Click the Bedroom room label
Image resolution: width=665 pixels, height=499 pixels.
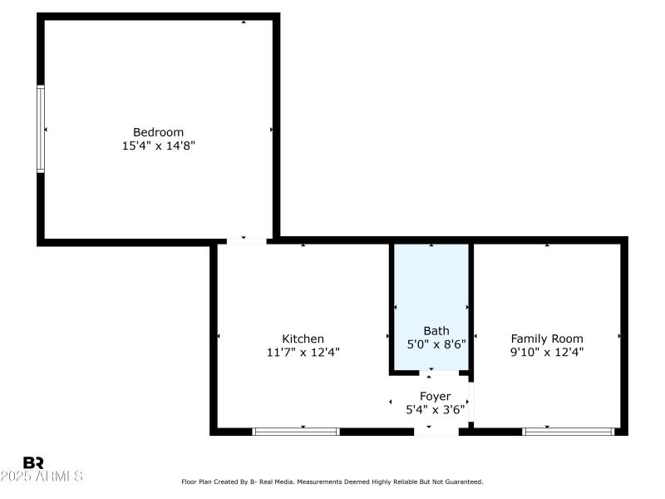point(158,132)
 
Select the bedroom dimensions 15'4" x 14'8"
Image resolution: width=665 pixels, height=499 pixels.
point(158,146)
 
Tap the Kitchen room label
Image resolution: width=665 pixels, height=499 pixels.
point(303,338)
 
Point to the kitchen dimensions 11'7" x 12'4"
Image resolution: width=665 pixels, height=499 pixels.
point(303,352)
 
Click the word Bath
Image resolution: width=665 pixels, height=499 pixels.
point(436,330)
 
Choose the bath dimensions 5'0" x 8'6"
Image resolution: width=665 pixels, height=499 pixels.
point(436,343)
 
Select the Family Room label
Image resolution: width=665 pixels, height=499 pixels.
point(546,338)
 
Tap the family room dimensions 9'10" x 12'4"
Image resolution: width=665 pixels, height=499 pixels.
point(546,352)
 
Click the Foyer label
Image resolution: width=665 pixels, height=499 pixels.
point(435,397)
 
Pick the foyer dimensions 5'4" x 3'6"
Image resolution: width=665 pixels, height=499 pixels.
point(435,410)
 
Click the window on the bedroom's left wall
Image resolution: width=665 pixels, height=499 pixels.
point(41,129)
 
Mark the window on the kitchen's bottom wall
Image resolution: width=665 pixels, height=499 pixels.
point(296,432)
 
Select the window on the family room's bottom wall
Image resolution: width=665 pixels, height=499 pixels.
point(568,432)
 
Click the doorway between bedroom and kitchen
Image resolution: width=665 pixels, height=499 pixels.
point(243,240)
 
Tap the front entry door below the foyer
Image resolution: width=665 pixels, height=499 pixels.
point(436,432)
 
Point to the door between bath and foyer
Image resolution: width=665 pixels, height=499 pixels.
point(431,373)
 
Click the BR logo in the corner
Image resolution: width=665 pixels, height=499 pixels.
point(33,462)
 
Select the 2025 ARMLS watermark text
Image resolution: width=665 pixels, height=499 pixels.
point(42,477)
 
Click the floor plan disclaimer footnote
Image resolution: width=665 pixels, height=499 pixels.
point(332,482)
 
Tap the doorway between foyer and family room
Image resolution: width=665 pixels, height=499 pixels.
point(470,403)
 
